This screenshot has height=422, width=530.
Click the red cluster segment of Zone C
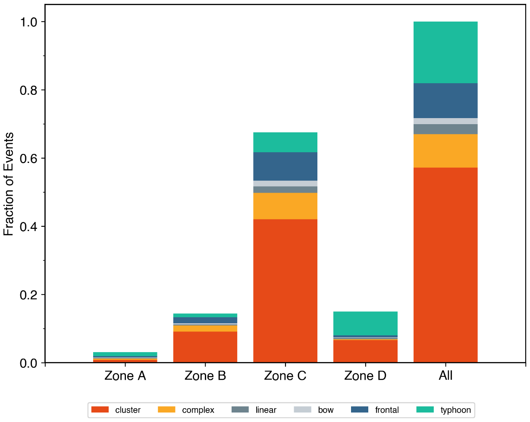point(285,291)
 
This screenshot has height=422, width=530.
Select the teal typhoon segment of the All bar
point(445,52)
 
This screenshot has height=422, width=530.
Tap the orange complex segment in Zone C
point(285,206)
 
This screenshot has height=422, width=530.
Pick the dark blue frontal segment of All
point(445,100)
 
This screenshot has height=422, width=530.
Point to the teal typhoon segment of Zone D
point(365,323)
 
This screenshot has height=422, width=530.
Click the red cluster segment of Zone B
point(205,347)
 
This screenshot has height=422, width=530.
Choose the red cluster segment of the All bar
point(445,265)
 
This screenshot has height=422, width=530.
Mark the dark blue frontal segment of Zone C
point(285,166)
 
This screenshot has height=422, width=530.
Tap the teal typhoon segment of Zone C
point(285,142)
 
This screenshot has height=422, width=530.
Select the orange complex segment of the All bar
point(445,151)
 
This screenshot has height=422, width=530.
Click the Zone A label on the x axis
point(125,376)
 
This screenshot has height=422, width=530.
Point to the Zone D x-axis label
point(365,376)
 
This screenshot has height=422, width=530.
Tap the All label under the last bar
point(445,376)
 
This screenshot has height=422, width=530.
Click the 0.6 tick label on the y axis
point(28,158)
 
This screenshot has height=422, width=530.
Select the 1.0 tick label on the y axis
point(28,22)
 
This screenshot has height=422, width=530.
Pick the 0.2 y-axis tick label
point(28,295)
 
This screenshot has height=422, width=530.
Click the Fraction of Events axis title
point(9,184)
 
